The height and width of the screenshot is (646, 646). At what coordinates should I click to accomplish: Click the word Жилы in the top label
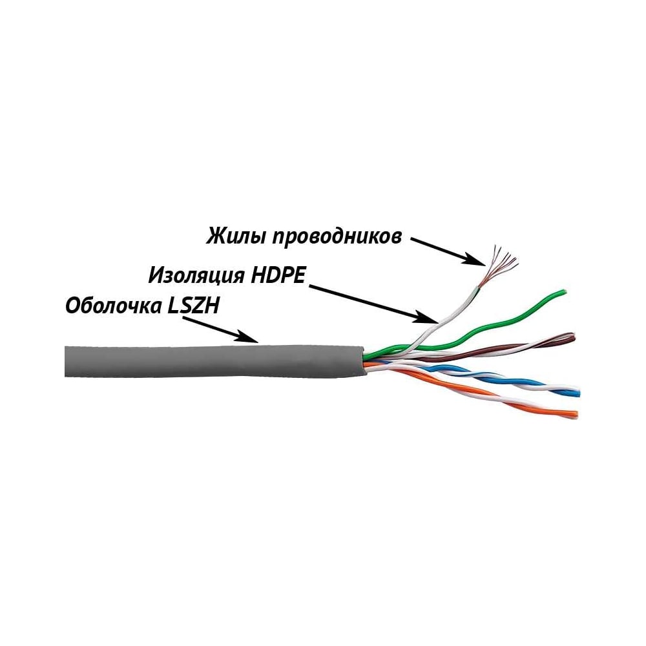click(234, 236)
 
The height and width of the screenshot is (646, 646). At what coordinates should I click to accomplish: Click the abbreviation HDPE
click(278, 275)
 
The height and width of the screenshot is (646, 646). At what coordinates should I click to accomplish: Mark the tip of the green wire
click(565, 293)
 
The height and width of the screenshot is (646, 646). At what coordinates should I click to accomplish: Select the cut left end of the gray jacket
click(66, 361)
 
